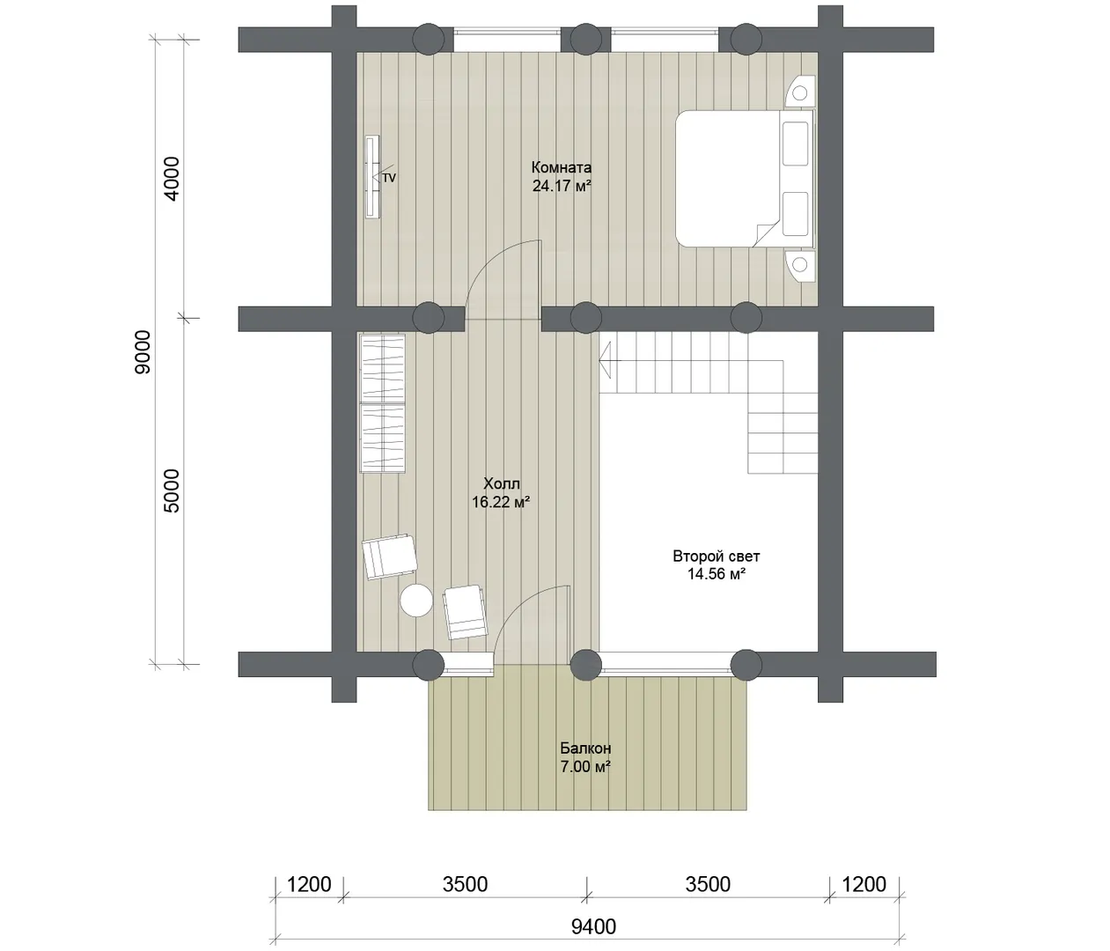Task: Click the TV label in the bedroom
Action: [389, 178]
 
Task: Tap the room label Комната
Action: [562, 167]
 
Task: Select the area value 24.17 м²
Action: [562, 186]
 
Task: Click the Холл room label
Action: [502, 483]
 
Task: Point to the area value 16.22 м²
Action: [501, 502]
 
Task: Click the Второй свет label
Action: [717, 556]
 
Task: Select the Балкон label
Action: [585, 748]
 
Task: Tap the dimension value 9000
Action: [143, 352]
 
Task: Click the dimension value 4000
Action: [173, 179]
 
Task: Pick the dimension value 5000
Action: [173, 491]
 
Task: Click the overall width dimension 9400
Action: [593, 927]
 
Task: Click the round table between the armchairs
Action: [416, 601]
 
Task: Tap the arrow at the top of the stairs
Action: [609, 360]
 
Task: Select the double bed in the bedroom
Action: [746, 179]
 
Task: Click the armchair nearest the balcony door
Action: [465, 612]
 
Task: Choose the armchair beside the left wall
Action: [390, 557]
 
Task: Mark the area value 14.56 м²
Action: [717, 574]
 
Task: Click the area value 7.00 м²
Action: [585, 767]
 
